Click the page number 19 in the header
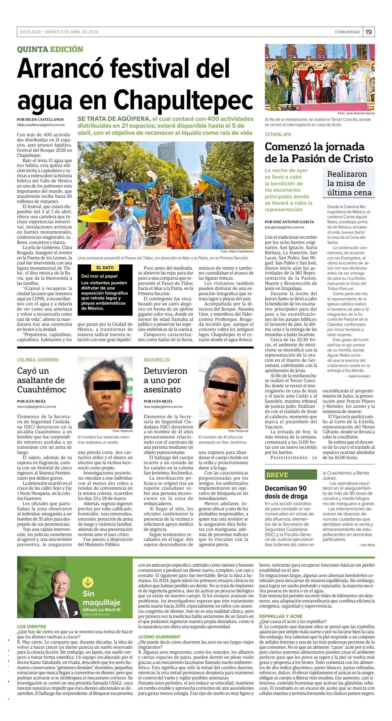368,32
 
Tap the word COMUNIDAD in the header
347,32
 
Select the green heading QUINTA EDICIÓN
50,49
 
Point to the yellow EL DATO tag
105,268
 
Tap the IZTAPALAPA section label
278,134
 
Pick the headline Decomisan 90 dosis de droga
286,492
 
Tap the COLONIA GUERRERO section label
38,360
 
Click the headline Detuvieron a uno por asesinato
165,380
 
